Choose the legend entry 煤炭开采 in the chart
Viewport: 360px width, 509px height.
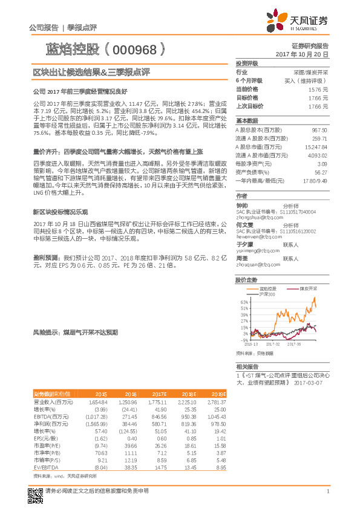(x=309, y=289)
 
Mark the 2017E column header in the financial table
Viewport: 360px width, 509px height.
(x=160, y=394)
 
